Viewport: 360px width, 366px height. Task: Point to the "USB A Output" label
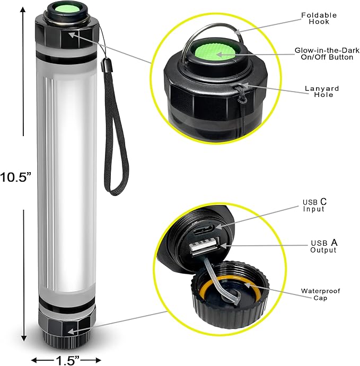(x=323, y=246)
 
